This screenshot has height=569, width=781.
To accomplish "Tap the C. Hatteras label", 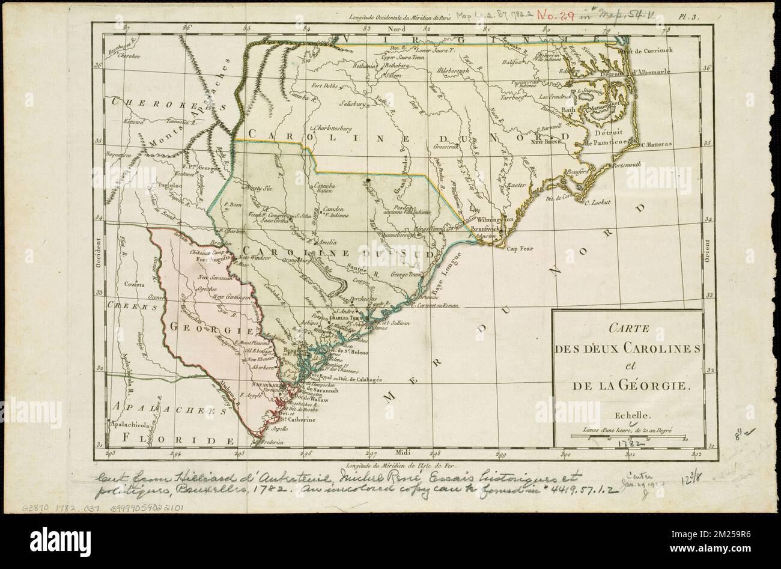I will (659, 144).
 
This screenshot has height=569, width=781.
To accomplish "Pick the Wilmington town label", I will (495, 220).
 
